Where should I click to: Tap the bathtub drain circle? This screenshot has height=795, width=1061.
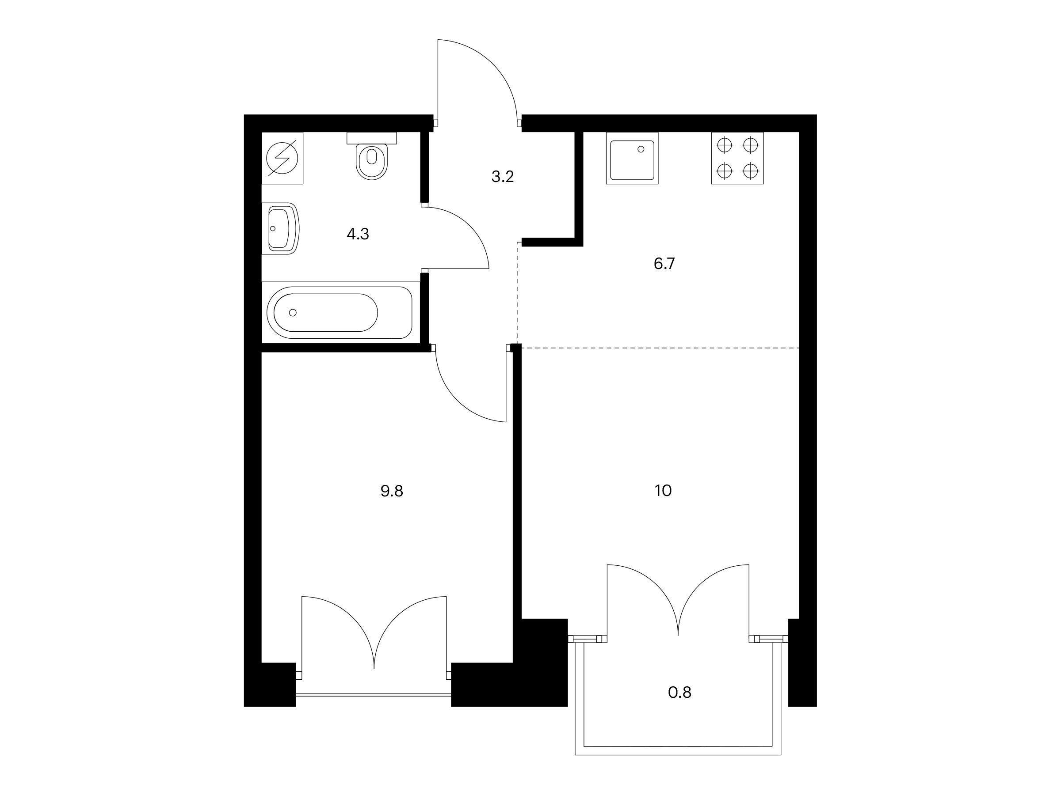tap(293, 312)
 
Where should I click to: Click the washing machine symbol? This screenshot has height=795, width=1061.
tap(282, 158)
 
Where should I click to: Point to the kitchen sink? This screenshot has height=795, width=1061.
tap(632, 158)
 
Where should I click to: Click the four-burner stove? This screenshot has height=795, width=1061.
tap(737, 158)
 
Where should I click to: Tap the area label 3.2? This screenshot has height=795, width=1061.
tap(503, 177)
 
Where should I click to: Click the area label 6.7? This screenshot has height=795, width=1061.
tap(664, 264)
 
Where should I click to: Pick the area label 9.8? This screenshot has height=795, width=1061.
tap(392, 491)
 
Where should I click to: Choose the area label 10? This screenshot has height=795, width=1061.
tap(663, 491)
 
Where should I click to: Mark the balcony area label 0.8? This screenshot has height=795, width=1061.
tap(679, 693)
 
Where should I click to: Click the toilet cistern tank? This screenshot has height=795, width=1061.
tap(372, 137)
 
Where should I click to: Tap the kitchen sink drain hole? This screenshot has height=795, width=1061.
tap(641, 149)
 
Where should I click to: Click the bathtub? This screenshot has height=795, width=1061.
tap(339, 312)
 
